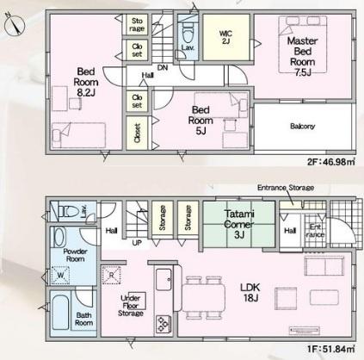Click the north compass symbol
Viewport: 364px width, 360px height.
(15, 24)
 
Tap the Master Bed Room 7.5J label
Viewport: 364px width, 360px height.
(303, 57)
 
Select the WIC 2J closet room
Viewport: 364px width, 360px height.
(226, 37)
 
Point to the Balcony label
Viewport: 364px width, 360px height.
(303, 127)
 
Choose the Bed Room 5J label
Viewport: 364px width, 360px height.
(201, 120)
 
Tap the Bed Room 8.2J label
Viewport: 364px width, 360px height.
(86, 82)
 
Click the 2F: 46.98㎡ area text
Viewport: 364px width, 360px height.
(331, 162)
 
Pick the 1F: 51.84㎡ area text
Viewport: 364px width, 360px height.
(331, 350)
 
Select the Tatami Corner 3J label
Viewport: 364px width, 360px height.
(239, 224)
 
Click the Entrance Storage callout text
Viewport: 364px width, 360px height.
(286, 188)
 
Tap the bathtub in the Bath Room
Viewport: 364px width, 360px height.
(60, 311)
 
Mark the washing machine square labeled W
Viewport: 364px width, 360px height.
(60, 276)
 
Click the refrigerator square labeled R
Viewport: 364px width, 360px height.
(111, 275)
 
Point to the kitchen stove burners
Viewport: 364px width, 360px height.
(163, 324)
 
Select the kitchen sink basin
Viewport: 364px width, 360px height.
(163, 280)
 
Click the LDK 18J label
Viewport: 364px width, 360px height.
(250, 293)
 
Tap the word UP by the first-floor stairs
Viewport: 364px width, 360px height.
(137, 243)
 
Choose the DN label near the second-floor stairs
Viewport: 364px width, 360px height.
(163, 68)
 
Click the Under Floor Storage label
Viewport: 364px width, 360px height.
(131, 306)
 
